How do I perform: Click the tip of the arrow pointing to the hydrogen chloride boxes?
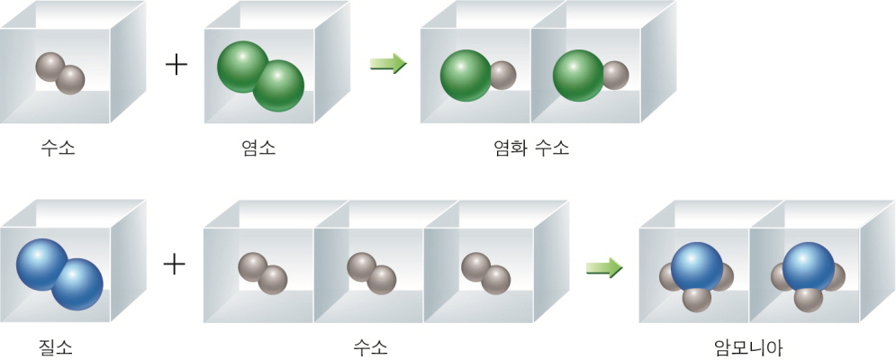pos(407,63)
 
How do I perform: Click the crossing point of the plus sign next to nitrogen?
pos(175,265)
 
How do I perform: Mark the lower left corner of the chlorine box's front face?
pos(204,123)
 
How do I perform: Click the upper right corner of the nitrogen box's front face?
pos(110,228)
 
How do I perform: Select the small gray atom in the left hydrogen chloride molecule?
pos(502,75)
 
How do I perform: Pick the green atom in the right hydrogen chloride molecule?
pos(578,76)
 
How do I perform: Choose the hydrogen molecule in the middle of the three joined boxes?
pos(371,273)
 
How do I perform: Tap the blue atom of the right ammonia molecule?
pos(808,268)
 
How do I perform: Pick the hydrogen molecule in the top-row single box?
pos(60,74)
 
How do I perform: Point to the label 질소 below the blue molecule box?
pos(55,346)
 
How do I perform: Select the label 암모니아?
pos(748,346)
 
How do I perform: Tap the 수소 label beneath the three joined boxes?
pos(370,346)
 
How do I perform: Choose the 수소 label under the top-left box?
pos(58,149)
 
